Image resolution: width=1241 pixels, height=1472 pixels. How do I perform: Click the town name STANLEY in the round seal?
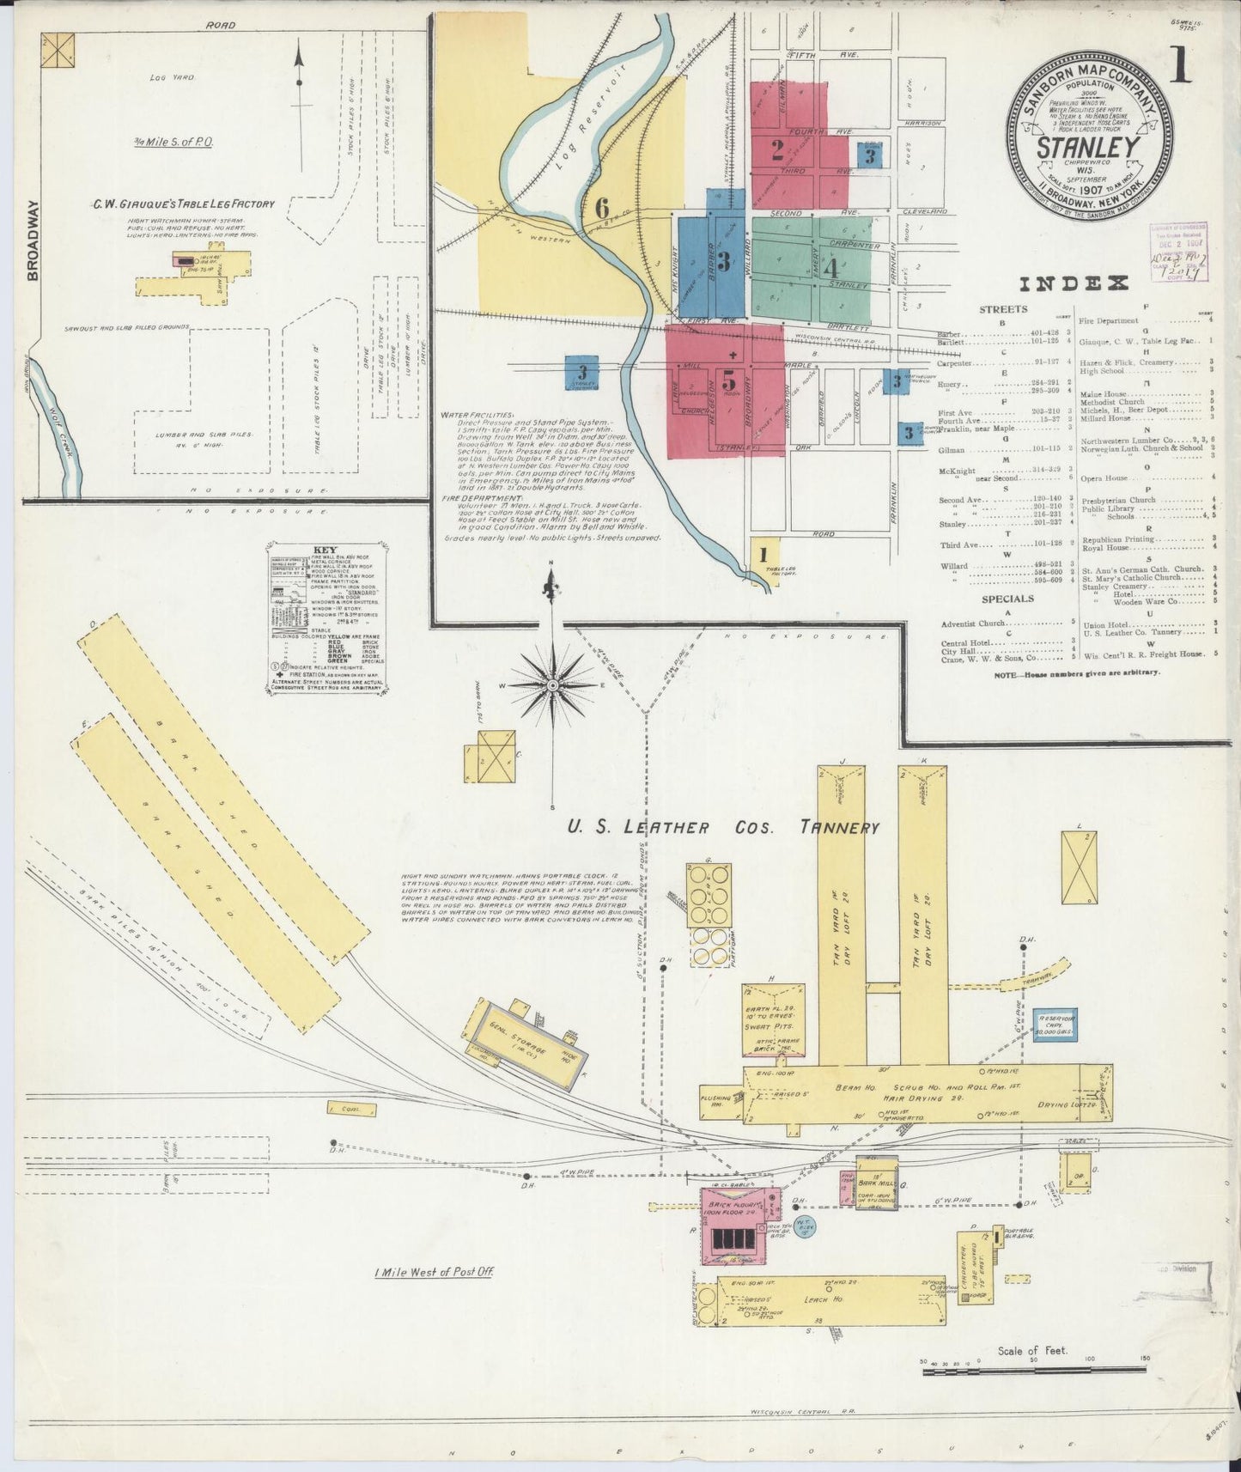[1088, 147]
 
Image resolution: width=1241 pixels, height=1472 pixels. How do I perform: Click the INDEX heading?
[1073, 284]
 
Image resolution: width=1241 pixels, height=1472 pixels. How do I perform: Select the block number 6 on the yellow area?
[602, 207]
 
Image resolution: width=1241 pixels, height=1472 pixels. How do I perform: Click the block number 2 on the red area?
[776, 152]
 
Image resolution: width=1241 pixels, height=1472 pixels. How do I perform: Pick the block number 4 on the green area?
[830, 266]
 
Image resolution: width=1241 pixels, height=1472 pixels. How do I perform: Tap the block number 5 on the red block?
[729, 379]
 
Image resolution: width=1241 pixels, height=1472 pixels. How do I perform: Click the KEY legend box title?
[325, 550]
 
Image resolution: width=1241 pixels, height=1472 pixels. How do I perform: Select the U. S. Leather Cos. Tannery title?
[722, 828]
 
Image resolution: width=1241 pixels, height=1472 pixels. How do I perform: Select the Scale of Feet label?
[1031, 1350]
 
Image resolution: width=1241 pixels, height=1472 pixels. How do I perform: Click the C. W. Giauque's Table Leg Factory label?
[184, 204]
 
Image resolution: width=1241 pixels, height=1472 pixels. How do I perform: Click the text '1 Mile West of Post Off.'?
[433, 1272]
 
